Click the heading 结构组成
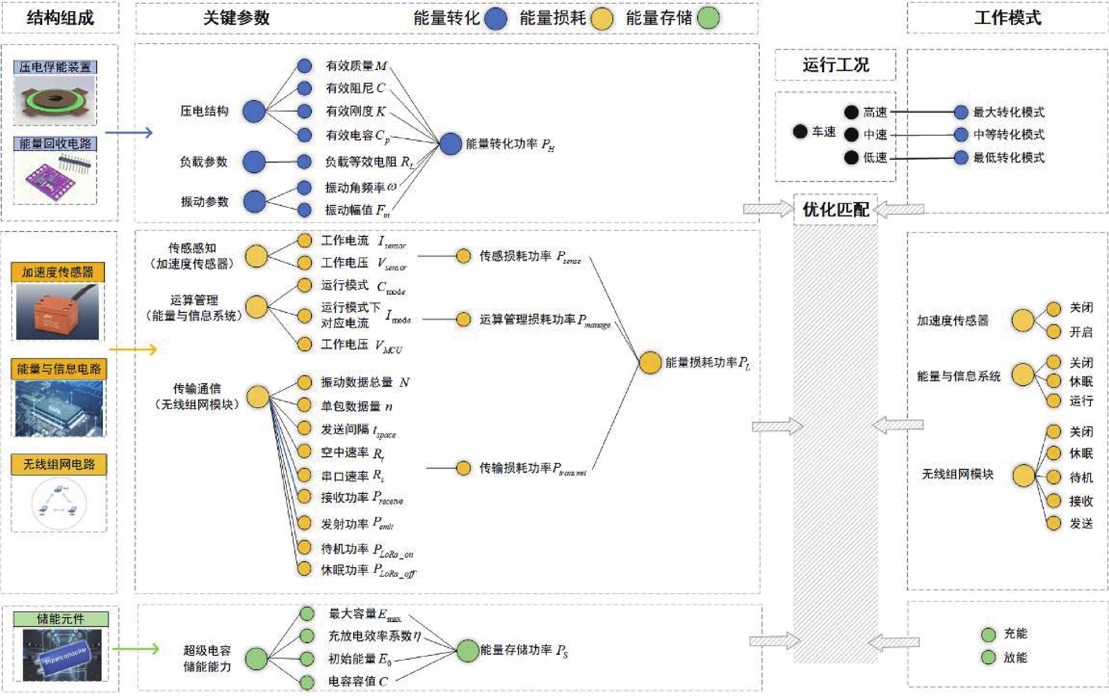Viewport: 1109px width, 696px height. (60, 18)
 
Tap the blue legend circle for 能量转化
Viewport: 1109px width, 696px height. (495, 18)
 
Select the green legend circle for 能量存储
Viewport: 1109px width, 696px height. (708, 18)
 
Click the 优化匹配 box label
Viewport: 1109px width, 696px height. (835, 210)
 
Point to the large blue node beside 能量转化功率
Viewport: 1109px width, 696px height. (450, 144)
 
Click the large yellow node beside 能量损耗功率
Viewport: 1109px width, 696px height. (650, 363)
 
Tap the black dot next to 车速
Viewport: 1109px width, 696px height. (800, 132)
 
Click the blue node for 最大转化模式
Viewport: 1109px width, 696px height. (961, 112)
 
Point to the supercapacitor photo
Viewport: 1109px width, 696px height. (62, 655)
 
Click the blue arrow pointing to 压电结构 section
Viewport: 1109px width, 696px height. (129, 133)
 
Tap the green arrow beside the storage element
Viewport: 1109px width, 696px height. (136, 649)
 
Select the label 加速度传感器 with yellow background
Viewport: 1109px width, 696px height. (57, 272)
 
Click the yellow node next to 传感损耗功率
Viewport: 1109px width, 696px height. (463, 256)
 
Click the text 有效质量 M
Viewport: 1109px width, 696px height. (356, 66)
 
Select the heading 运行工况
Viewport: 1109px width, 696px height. (835, 65)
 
